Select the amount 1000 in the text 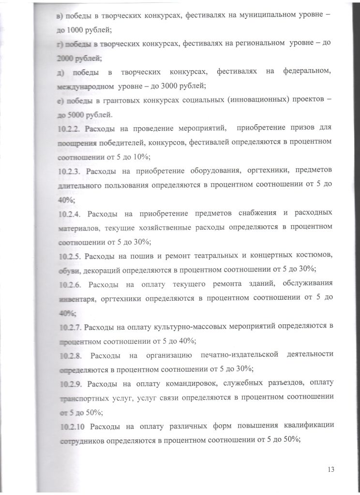75,29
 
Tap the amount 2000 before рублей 65,58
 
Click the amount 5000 75,115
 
